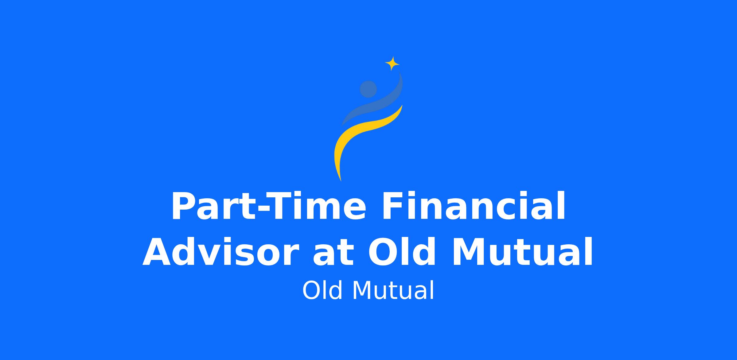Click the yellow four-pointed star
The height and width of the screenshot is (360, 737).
(392, 64)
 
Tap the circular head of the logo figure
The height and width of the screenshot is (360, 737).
(368, 89)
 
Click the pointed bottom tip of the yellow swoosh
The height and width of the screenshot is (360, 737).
(341, 181)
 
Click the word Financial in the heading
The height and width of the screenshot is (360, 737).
(473, 206)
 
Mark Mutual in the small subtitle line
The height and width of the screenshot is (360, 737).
(393, 290)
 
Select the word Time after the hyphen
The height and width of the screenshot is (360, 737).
(318, 206)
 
